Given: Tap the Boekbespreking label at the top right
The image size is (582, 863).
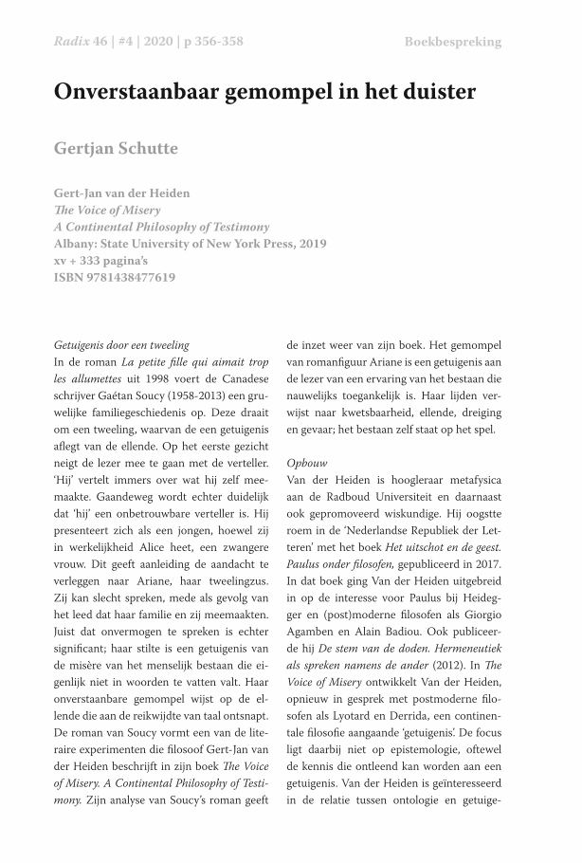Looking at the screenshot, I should (x=452, y=42).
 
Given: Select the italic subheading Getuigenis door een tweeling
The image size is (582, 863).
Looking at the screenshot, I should (x=120, y=344).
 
